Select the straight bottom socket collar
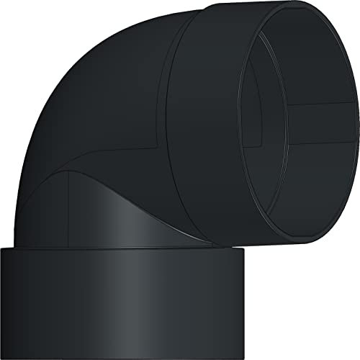pyautogui.click(x=122, y=295)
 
